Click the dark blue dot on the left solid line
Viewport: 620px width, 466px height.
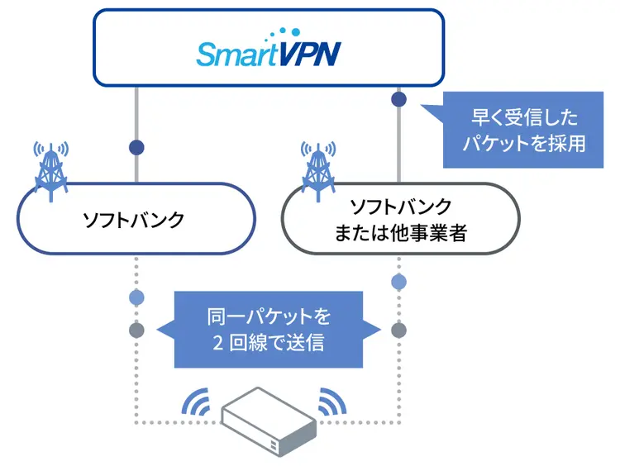pyautogui.click(x=136, y=148)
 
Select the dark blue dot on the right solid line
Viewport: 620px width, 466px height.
pyautogui.click(x=398, y=99)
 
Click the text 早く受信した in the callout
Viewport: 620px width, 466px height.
pyautogui.click(x=524, y=117)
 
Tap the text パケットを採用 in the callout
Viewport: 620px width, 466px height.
pyautogui.click(x=524, y=143)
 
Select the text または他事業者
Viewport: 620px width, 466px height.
pyautogui.click(x=400, y=234)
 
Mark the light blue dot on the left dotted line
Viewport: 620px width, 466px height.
pyautogui.click(x=136, y=297)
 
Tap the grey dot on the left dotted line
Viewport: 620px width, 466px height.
pyautogui.click(x=136, y=330)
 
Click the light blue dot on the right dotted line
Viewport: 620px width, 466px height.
pyautogui.click(x=398, y=282)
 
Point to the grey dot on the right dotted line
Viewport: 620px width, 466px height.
pyautogui.click(x=398, y=330)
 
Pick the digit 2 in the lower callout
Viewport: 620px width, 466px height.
pyautogui.click(x=217, y=342)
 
